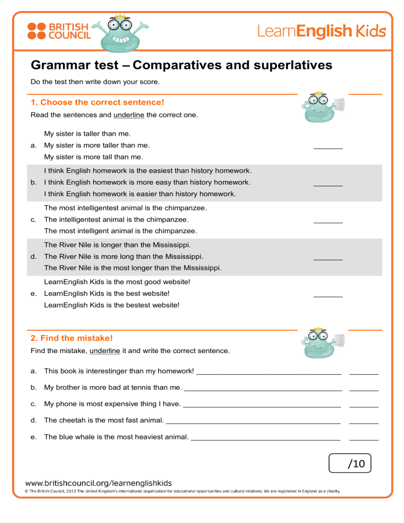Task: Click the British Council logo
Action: pos(58,31)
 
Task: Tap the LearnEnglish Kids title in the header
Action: pos(321,31)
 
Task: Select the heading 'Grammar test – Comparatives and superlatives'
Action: pos(181,65)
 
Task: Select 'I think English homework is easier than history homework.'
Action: pos(140,194)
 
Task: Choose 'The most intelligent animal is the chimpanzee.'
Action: pos(120,230)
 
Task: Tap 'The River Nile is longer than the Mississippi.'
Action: pos(117,245)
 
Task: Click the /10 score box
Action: pos(349,464)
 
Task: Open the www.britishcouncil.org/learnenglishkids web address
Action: pos(98,482)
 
